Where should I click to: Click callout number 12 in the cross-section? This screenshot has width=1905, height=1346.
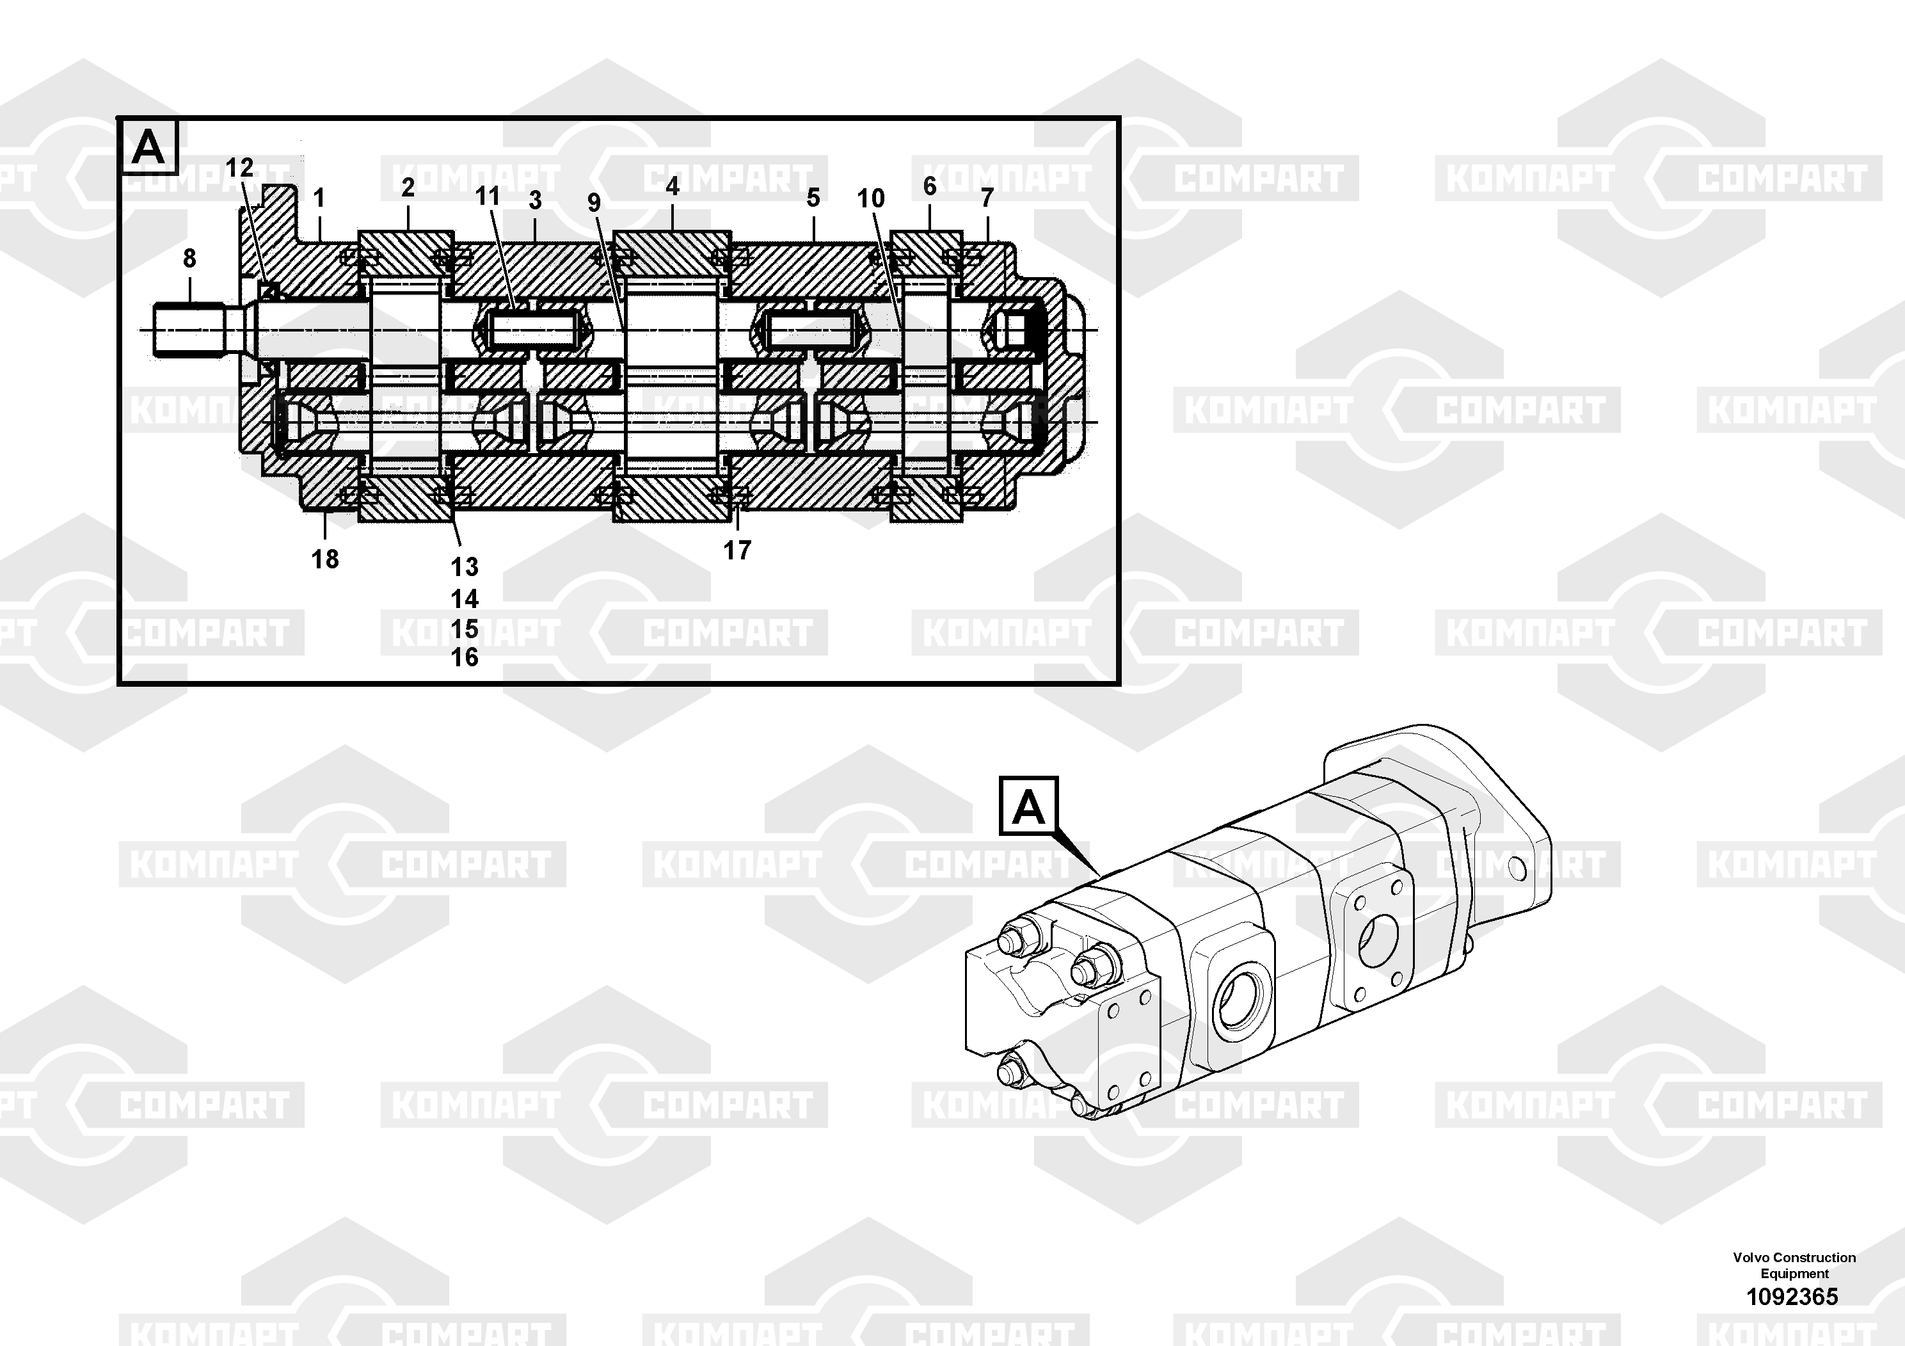(x=240, y=168)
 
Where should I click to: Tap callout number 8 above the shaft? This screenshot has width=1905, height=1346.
(x=190, y=259)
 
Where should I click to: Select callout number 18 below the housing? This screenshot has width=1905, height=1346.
(x=325, y=559)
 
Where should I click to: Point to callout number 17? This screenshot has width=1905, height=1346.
(x=737, y=550)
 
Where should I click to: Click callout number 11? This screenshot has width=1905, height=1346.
(x=488, y=196)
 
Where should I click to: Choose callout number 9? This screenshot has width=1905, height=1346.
(x=594, y=202)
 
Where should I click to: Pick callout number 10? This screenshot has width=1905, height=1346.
(x=871, y=198)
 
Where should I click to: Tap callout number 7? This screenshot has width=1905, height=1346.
(x=987, y=198)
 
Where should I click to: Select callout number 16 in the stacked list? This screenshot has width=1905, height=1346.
(x=465, y=657)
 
